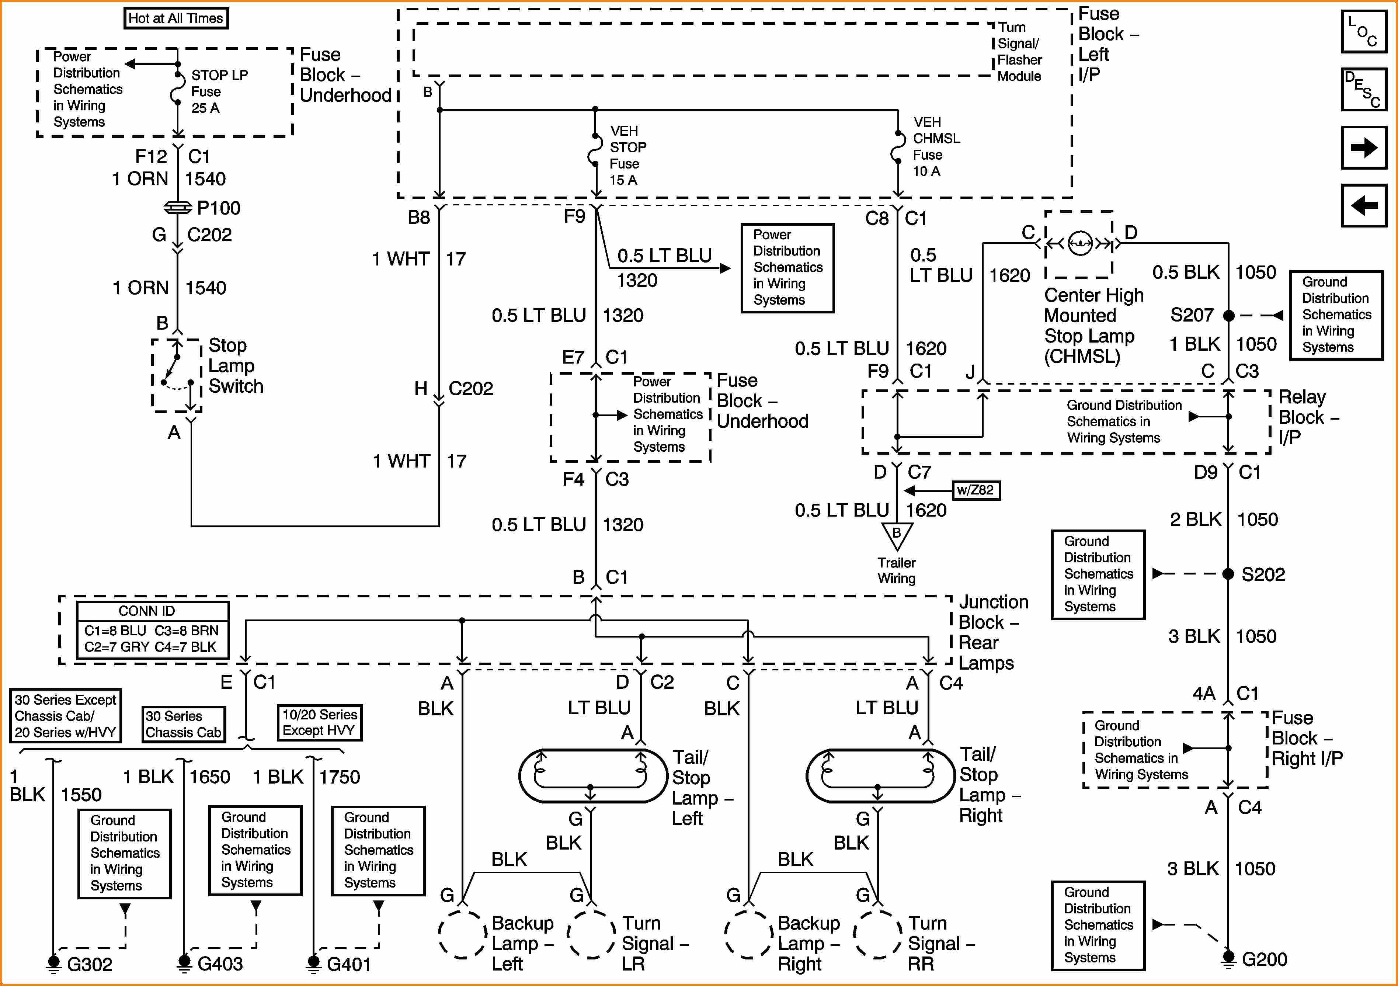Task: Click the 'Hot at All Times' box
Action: point(175,18)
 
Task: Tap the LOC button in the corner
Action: point(1364,32)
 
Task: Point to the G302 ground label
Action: point(90,964)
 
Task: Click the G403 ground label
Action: point(220,964)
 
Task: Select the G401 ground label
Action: point(349,964)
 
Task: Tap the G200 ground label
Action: point(1264,959)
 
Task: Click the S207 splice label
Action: point(1192,315)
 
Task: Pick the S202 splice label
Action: point(1263,574)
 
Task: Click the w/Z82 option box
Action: point(976,490)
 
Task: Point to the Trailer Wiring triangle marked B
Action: point(896,536)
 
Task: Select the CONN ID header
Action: point(147,611)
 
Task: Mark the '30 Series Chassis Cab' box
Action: point(183,724)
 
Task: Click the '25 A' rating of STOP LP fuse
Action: point(205,108)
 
